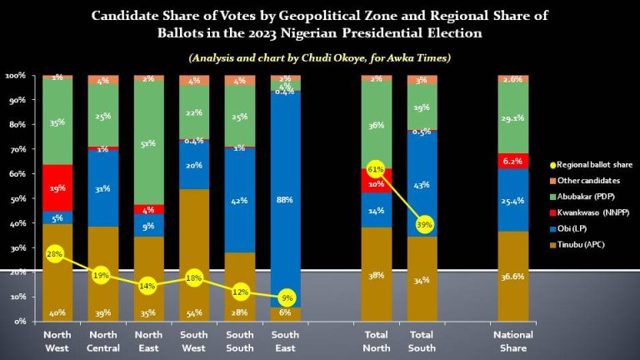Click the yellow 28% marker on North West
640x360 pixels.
tap(56, 253)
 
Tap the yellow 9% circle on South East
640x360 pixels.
tap(286, 297)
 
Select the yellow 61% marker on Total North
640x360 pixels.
tap(376, 171)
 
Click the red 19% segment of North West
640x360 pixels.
tap(56, 187)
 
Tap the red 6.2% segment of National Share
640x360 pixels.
tap(513, 160)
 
